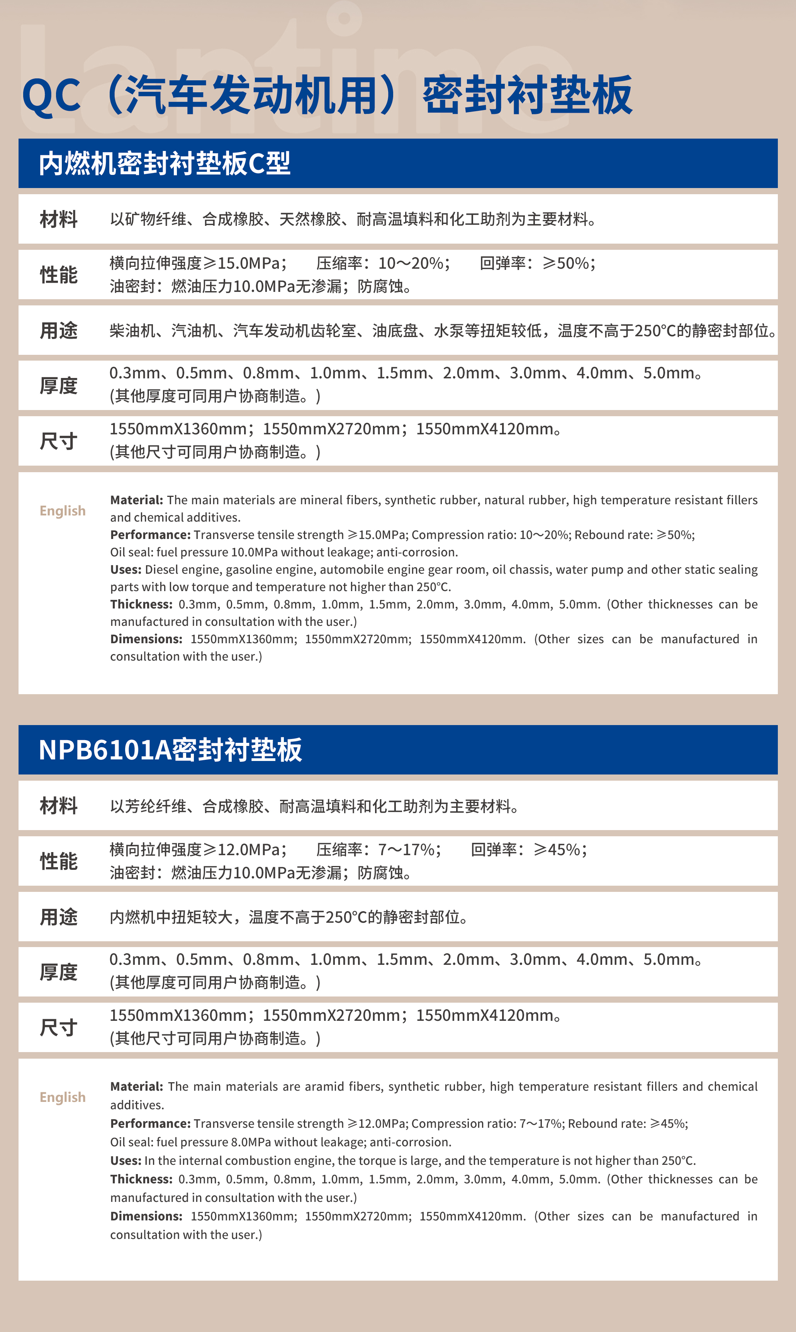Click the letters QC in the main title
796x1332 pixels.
[51, 97]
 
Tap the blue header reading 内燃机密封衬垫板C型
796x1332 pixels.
[165, 164]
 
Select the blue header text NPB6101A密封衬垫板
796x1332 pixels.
[170, 750]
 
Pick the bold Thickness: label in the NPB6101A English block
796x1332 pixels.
[141, 1179]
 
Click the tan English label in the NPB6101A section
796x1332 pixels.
[62, 1097]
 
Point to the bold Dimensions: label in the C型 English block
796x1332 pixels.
[146, 639]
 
